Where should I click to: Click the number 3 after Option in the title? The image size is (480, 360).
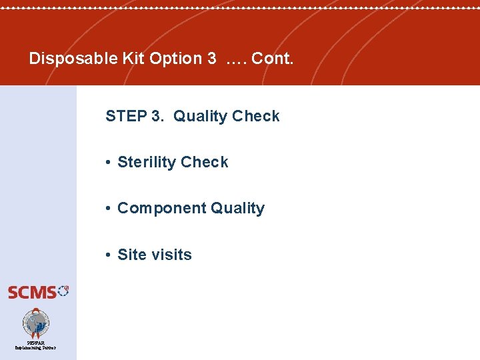click(211, 59)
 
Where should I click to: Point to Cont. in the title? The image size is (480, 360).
click(272, 59)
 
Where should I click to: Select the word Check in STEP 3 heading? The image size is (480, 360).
click(256, 116)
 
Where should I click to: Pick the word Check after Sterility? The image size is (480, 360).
click(205, 162)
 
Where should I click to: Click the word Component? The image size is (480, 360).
click(161, 208)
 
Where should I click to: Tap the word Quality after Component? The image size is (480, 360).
click(238, 208)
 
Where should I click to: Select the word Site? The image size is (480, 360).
click(130, 255)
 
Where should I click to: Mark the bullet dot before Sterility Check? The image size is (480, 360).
click(108, 163)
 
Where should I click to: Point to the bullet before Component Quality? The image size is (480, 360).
click(108, 209)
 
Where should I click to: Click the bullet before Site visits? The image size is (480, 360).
click(108, 255)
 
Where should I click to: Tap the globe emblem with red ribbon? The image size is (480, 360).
click(36, 323)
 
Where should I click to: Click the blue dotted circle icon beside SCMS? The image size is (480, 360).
click(63, 290)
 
